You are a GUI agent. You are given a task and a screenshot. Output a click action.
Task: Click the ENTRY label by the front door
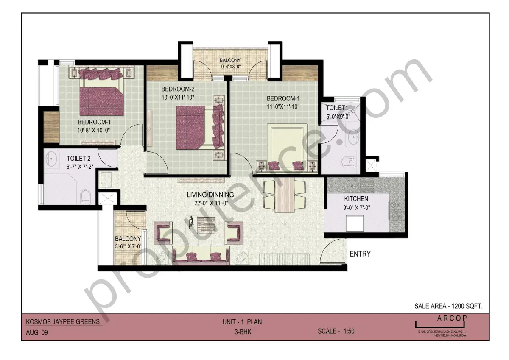pyautogui.click(x=360, y=254)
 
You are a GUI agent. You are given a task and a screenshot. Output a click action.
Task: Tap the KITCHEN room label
pyautogui.click(x=356, y=198)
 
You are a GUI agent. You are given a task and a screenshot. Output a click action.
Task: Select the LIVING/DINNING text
pyautogui.click(x=210, y=195)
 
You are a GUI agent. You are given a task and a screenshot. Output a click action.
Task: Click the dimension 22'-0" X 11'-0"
pyautogui.click(x=210, y=203)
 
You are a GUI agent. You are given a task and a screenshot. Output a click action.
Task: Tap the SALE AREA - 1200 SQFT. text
pyautogui.click(x=448, y=306)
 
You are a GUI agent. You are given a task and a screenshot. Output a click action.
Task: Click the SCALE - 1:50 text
pyautogui.click(x=336, y=331)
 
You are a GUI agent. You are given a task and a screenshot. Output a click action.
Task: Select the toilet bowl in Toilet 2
pyautogui.click(x=85, y=195)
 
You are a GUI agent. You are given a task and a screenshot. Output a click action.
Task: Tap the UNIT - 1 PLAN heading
pyautogui.click(x=242, y=322)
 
